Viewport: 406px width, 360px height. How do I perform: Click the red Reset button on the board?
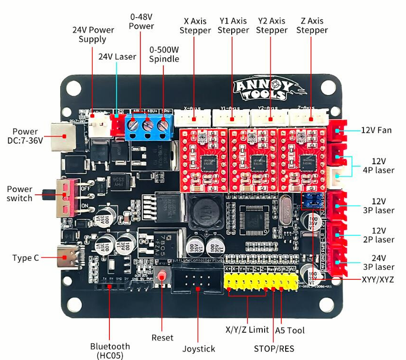pyautogui.click(x=162, y=276)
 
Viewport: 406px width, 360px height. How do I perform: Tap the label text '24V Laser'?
pyautogui.click(x=117, y=56)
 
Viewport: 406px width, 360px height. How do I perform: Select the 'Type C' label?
pyautogui.click(x=26, y=258)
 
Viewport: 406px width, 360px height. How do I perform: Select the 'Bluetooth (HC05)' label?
pyautogui.click(x=110, y=350)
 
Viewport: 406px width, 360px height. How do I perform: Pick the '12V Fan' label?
pyautogui.click(x=376, y=130)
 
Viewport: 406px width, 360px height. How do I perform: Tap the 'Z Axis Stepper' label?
pyautogui.click(x=311, y=25)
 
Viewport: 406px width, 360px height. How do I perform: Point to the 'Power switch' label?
pyautogui.click(x=20, y=193)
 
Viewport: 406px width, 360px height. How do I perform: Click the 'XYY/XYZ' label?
pyautogui.click(x=378, y=279)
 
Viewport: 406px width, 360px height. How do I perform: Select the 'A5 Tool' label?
pyautogui.click(x=289, y=330)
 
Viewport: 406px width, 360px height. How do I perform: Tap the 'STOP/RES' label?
pyautogui.click(x=273, y=349)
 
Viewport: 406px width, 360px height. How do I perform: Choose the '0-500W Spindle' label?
pyautogui.click(x=164, y=54)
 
